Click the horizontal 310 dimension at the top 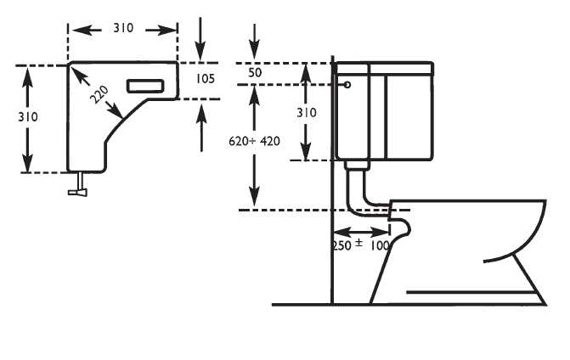point(123,29)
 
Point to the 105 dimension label point(205,79)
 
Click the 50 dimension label point(255,74)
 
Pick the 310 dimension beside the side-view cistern point(307,111)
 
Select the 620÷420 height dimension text point(255,142)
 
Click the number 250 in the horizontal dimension point(341,245)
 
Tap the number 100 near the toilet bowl point(380,245)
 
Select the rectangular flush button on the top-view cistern point(145,85)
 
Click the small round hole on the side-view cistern point(347,84)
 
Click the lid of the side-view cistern point(384,65)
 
